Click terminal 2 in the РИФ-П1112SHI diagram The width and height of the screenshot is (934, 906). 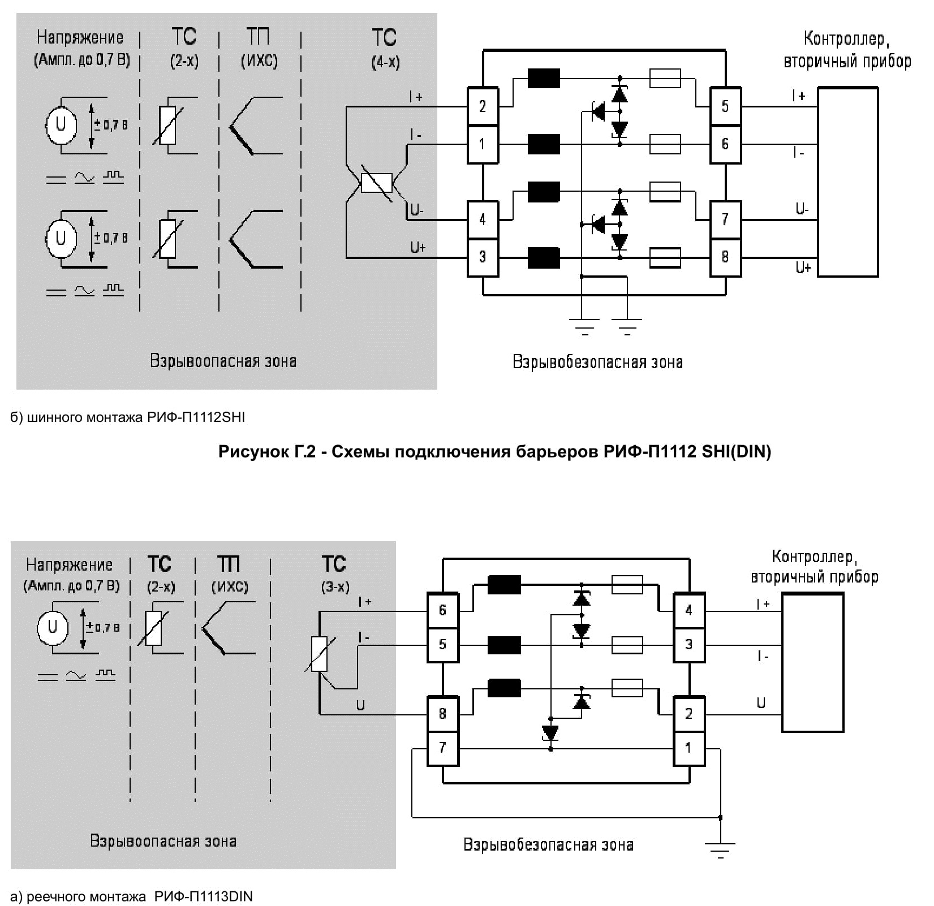482,106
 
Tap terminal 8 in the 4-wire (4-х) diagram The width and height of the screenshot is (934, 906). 725,257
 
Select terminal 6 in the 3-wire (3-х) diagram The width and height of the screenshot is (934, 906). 442,610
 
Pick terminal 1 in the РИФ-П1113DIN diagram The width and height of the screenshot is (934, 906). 688,748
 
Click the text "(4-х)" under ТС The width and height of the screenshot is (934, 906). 385,62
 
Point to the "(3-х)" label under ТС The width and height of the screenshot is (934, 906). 335,586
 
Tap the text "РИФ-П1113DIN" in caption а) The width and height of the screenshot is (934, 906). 203,896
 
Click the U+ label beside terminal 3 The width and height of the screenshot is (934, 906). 417,247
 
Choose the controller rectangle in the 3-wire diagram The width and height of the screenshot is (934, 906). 812,662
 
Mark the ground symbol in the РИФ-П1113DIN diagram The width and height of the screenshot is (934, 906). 720,848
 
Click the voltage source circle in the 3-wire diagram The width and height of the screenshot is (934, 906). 53,627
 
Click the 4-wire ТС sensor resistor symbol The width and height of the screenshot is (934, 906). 377,183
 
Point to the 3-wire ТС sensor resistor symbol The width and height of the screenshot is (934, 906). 320,654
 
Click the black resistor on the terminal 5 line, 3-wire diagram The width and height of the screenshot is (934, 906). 504,645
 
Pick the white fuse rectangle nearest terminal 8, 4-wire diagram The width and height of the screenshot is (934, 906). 665,258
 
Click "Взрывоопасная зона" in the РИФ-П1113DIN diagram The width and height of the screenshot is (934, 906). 163,841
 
